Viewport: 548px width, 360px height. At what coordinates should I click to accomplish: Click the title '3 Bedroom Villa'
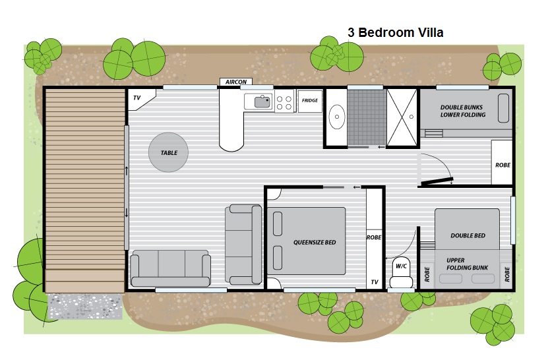coord(395,32)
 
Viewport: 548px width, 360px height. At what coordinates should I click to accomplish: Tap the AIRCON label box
coord(236,82)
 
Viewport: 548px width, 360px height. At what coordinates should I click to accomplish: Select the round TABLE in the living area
coord(168,152)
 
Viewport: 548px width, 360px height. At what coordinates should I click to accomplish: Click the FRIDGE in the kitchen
coord(310,101)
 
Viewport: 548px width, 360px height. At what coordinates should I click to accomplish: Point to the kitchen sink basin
coord(262,102)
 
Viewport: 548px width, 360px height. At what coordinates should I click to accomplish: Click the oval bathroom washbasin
coord(337,117)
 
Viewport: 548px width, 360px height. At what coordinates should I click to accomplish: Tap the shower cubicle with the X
coord(402,117)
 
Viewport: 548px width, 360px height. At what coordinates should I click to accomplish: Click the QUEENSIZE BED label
coord(315,242)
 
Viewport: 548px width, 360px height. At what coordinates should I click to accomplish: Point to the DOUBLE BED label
coord(468,235)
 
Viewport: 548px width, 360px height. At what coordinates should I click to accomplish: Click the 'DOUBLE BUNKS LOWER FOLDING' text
coord(462,111)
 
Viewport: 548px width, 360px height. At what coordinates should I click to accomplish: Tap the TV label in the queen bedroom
coord(375,282)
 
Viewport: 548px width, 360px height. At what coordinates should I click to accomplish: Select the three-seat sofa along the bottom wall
coord(171,268)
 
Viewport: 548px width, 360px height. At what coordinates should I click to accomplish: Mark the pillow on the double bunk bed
coord(503,108)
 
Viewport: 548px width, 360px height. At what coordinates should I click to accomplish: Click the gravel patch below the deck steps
coord(85,306)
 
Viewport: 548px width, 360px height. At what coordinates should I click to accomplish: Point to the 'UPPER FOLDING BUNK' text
coord(467,264)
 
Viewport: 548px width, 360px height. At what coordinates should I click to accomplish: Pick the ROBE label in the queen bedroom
coord(374,237)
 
